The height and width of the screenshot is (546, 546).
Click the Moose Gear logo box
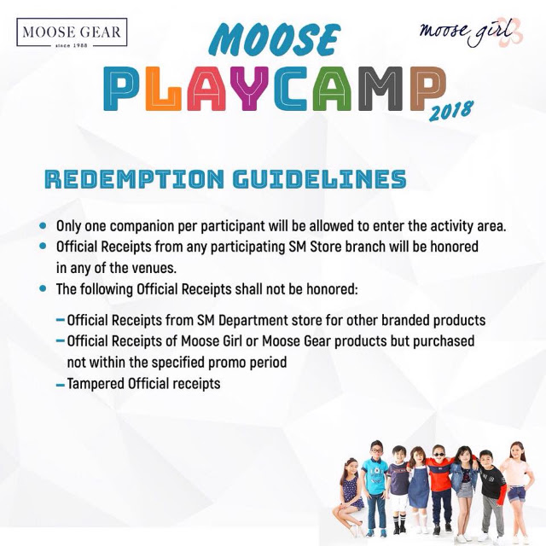click(x=72, y=32)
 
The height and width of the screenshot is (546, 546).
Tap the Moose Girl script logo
click(x=470, y=32)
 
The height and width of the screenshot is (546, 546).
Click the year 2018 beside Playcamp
click(x=451, y=111)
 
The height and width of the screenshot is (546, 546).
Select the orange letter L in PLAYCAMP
click(x=164, y=89)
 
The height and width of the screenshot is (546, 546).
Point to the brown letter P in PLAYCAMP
click(x=427, y=89)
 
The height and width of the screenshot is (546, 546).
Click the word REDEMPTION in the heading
click(x=135, y=179)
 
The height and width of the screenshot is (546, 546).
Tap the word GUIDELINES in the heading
click(x=320, y=179)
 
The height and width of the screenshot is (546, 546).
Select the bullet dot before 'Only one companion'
click(x=43, y=225)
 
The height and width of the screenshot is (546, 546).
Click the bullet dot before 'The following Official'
click(x=43, y=288)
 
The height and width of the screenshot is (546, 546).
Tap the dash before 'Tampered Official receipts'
click(x=61, y=385)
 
